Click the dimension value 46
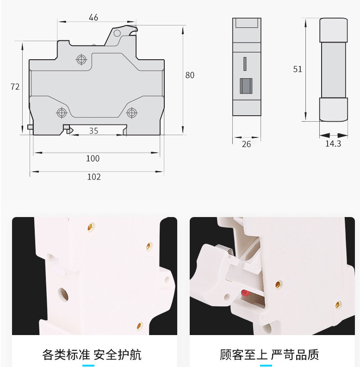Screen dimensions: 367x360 93,18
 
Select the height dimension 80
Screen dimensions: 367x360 190,75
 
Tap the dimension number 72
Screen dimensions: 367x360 15,87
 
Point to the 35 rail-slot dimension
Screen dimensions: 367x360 93,131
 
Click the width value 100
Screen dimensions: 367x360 93,158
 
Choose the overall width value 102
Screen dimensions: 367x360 94,177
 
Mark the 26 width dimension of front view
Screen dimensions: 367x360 246,144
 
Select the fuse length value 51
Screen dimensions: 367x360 298,69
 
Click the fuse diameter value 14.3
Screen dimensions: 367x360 333,143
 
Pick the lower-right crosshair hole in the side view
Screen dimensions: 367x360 132,112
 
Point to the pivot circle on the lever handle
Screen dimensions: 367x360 118,33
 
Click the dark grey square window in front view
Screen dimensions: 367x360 246,86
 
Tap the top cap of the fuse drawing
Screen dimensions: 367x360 334,30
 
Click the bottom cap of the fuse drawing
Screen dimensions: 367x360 333,110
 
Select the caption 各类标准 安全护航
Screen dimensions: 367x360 92,355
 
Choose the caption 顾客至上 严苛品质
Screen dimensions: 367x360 269,355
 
